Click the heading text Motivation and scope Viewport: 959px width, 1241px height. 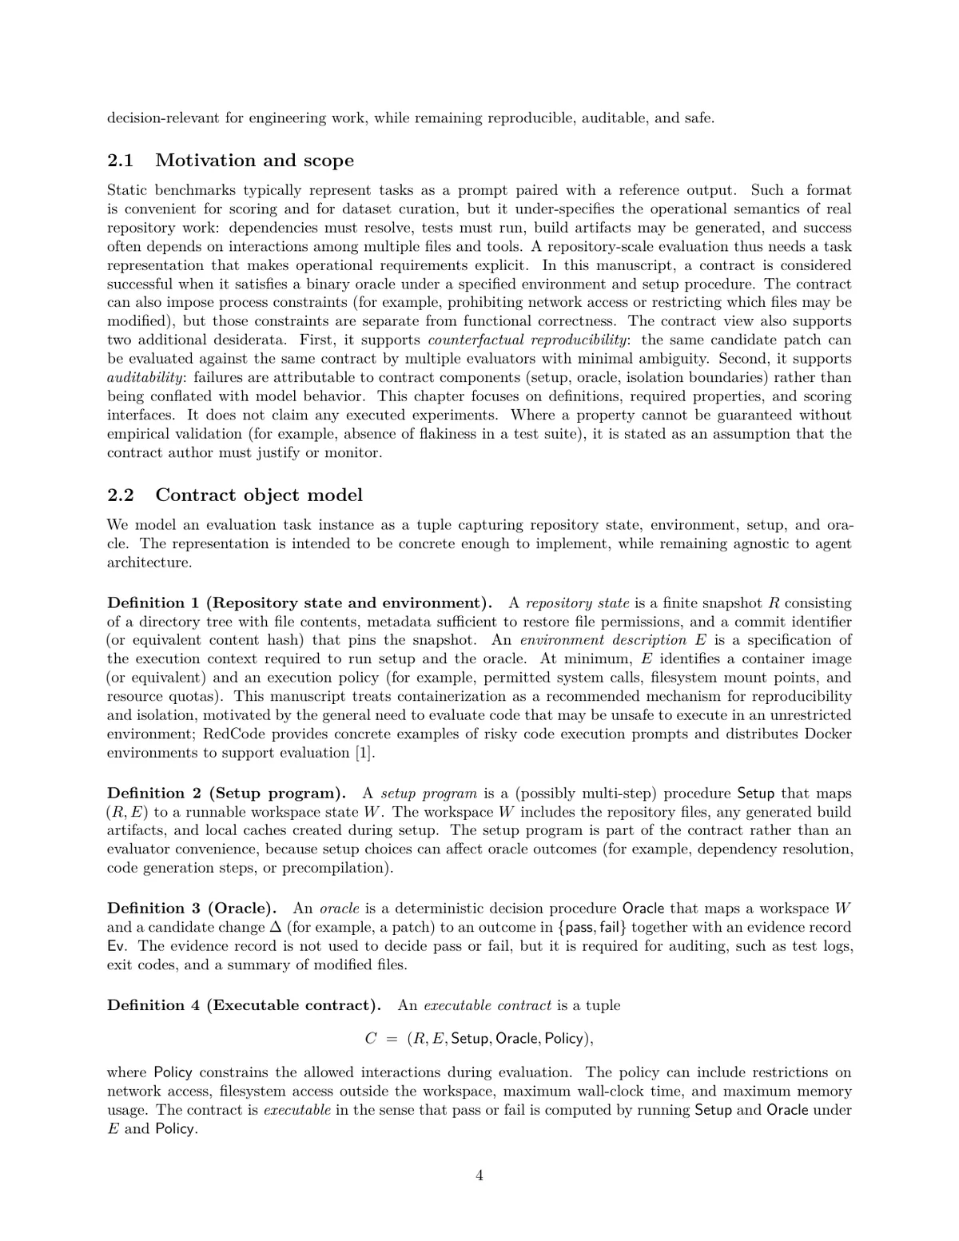click(254, 161)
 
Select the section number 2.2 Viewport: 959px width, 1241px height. click(120, 495)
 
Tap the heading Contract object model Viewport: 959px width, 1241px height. click(259, 495)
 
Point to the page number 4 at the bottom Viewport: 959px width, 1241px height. click(479, 1175)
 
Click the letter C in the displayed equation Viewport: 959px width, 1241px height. click(370, 1039)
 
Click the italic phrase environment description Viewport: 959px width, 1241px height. click(603, 640)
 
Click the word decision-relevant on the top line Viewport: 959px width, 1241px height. click(163, 118)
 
